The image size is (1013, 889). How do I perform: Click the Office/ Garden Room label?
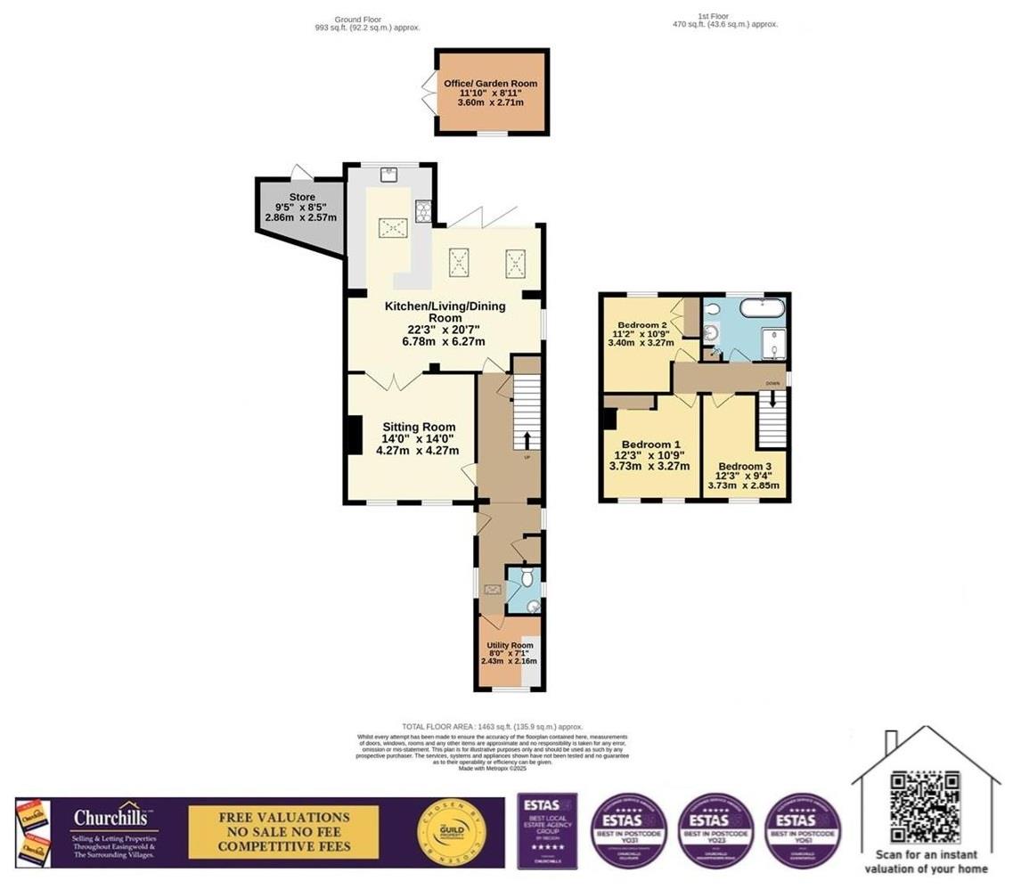pos(485,84)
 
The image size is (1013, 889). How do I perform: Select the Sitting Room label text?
pos(418,427)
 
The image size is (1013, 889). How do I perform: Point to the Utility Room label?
pos(510,645)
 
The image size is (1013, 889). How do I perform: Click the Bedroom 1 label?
pos(650,444)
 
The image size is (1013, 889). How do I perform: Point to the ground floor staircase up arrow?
pos(527,440)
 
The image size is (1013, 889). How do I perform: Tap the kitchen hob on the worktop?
pos(422,211)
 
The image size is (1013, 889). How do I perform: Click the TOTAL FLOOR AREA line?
pos(493,727)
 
